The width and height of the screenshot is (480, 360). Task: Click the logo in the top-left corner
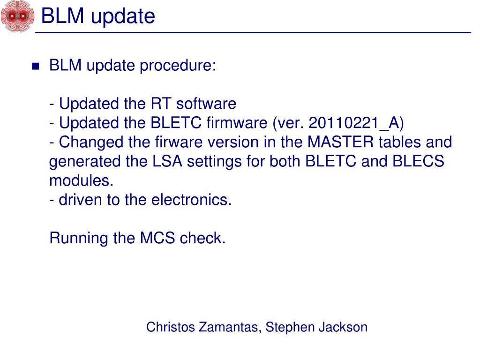point(17,16)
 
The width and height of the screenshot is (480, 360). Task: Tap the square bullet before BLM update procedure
point(36,66)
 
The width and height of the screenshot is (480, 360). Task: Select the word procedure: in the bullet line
point(188,66)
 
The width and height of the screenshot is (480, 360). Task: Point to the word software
point(206,104)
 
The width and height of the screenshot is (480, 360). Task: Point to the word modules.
point(81,180)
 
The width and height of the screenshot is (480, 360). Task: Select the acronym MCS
point(158,238)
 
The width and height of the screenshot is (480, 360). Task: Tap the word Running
point(79,238)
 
